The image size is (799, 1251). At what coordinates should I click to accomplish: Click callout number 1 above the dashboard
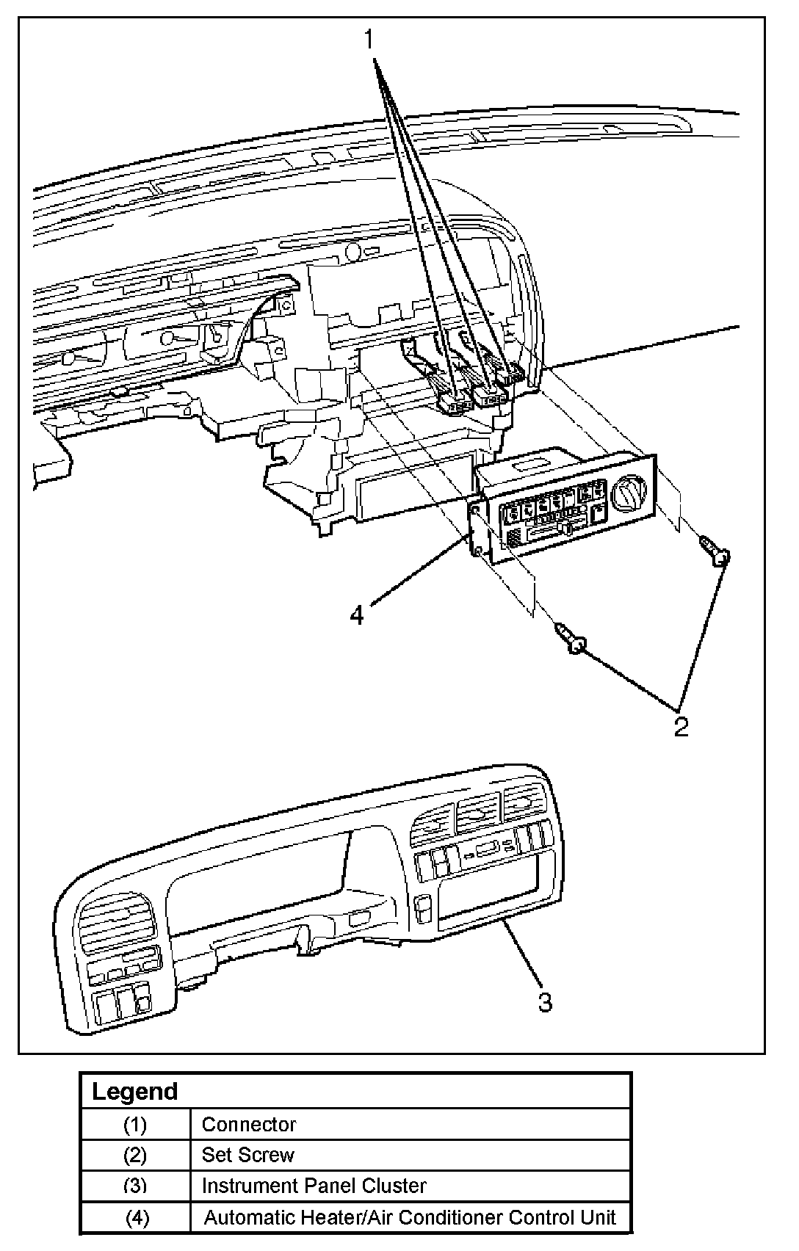click(369, 40)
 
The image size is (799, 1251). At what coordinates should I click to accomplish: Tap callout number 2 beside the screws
click(681, 727)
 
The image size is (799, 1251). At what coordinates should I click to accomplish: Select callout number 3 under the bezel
click(545, 1001)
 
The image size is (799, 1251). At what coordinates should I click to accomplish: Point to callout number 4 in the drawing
click(356, 615)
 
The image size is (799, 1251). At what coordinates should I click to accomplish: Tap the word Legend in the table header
click(134, 1091)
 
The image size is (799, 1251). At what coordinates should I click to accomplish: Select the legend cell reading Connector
click(249, 1124)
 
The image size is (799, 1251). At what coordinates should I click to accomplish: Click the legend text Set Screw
click(247, 1154)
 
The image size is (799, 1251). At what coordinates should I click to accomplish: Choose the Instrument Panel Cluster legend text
click(314, 1185)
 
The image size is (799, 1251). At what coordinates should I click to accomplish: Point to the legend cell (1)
click(135, 1124)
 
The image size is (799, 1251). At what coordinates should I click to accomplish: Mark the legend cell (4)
click(137, 1217)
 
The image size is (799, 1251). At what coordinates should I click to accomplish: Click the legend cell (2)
click(135, 1155)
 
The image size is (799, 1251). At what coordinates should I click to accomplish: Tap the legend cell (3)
click(135, 1186)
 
